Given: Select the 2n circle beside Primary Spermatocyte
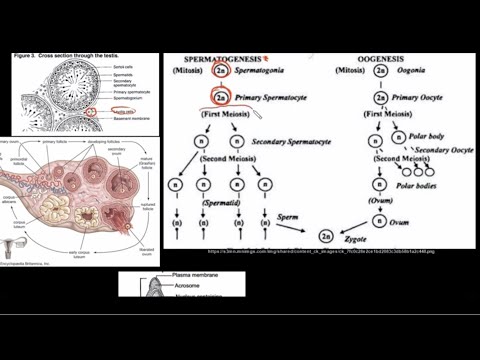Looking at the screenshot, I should (x=221, y=99).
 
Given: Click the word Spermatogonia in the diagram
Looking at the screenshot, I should (x=261, y=73).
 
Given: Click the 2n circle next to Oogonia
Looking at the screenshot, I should (x=381, y=73).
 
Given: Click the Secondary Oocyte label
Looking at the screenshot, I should (x=444, y=150).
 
